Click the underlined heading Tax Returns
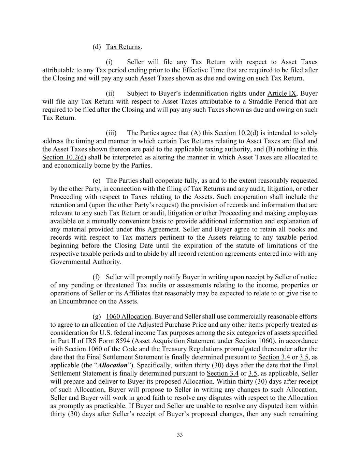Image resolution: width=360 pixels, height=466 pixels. (x=123, y=47)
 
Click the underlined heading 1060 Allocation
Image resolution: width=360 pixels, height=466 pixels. (x=128, y=317)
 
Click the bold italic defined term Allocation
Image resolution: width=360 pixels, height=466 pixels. (x=112, y=365)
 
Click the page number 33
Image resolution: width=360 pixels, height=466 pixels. (x=180, y=435)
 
